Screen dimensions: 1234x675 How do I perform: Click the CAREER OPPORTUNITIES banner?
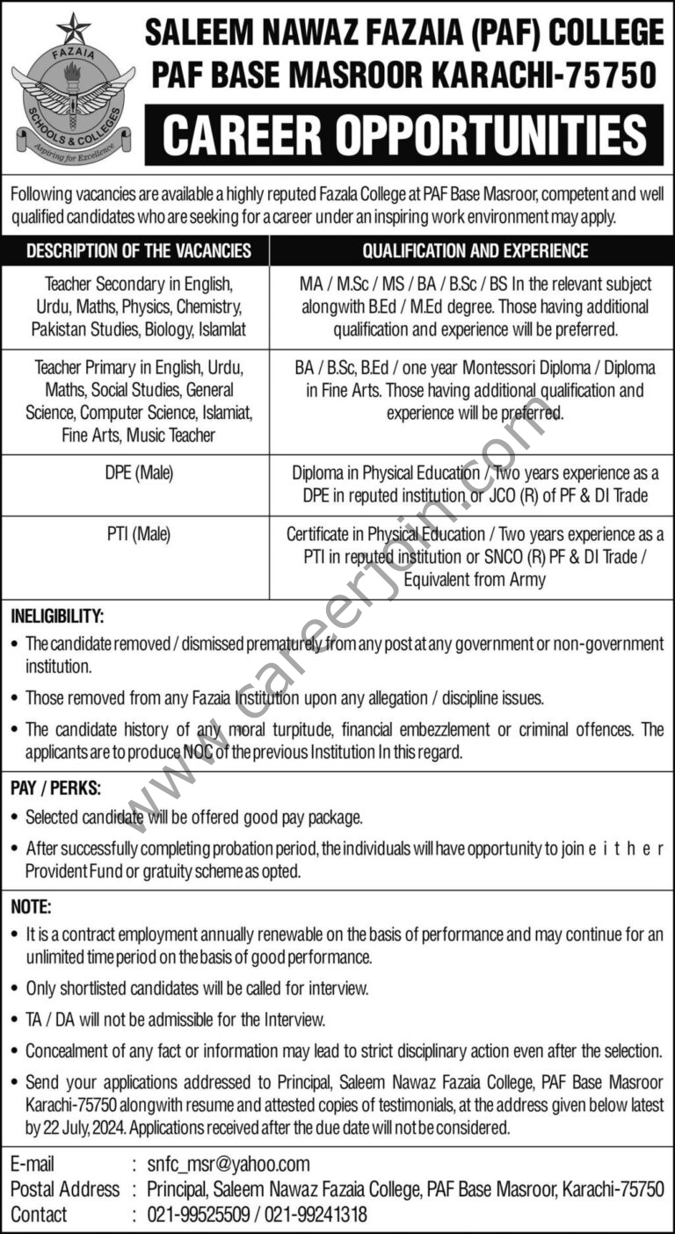click(404, 135)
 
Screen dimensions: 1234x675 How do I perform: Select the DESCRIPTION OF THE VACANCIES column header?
click(138, 251)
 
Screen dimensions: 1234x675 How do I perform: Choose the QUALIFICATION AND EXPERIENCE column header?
click(475, 251)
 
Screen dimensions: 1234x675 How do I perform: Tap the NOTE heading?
click(31, 906)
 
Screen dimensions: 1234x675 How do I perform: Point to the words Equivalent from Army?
click(475, 579)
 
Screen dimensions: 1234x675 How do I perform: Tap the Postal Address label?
click(64, 1189)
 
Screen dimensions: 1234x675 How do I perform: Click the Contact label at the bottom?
click(39, 1215)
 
